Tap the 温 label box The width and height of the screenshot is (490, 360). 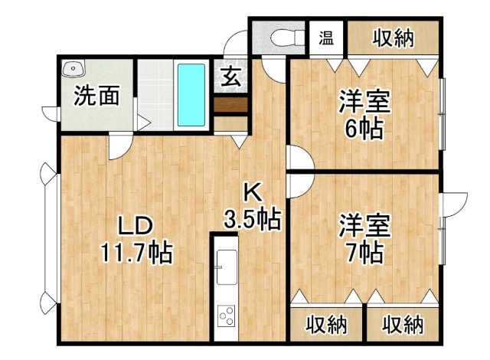tap(327, 38)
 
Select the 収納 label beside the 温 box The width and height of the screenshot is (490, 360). tap(393, 38)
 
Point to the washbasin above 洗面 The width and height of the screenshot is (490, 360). tap(73, 68)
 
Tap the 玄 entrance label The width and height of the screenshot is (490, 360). tap(231, 77)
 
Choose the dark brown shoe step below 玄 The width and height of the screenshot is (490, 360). tap(230, 105)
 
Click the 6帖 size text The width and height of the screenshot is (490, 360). tap(364, 129)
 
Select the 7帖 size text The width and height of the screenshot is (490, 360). tap(364, 253)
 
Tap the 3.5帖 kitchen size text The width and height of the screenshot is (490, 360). tap(253, 219)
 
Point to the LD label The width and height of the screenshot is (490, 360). tap(135, 226)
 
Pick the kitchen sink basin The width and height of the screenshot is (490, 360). tap(227, 267)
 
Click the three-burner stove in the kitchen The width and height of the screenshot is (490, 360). tap(227, 316)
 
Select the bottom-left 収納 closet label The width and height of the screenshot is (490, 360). tap(326, 325)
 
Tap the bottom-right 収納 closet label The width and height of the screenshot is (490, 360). tap(403, 325)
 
